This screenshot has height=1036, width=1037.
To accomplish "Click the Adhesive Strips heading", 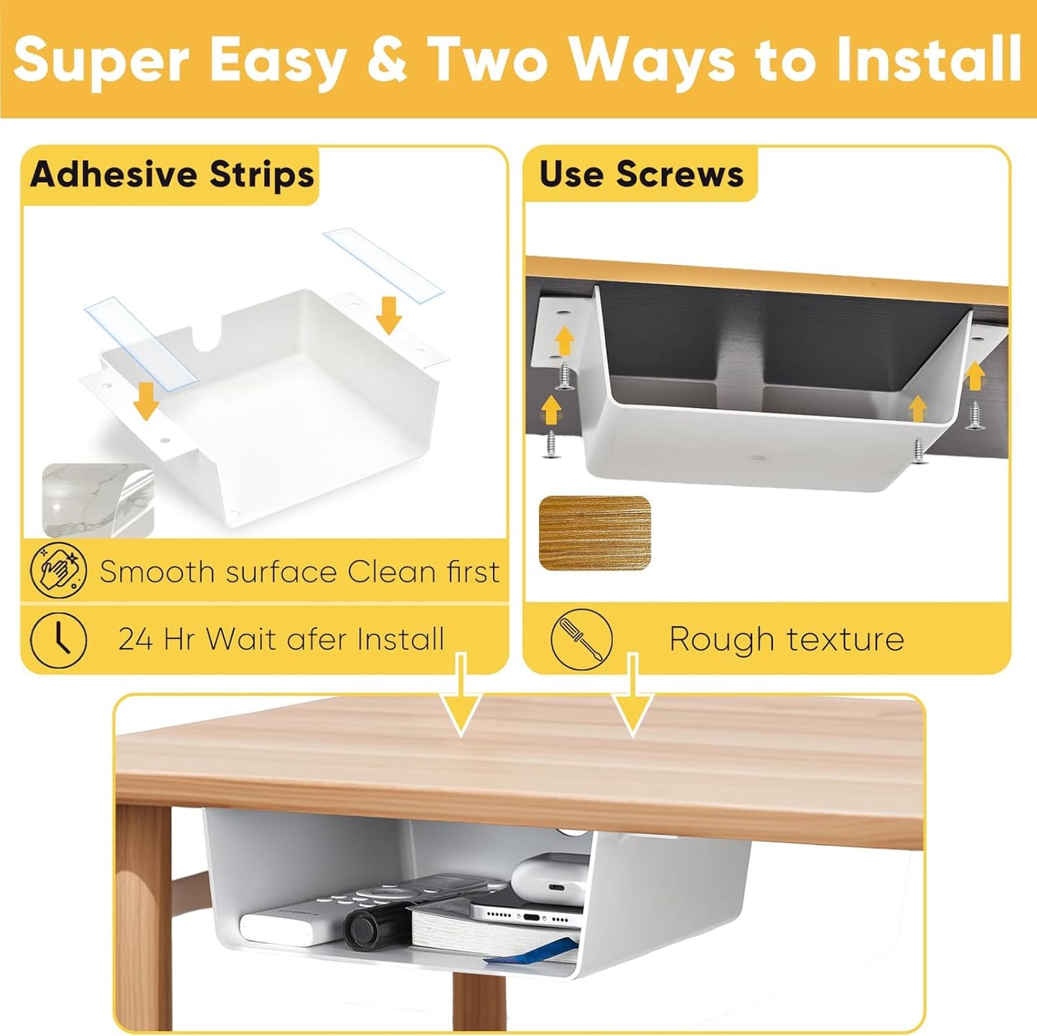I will click(172, 175).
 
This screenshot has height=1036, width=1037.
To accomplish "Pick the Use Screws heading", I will click(641, 174).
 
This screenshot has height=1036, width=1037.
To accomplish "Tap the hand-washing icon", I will click(58, 571).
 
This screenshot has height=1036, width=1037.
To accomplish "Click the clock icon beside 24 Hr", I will click(58, 638).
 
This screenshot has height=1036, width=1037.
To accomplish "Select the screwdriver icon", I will click(581, 638).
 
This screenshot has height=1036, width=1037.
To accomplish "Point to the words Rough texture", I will click(786, 638).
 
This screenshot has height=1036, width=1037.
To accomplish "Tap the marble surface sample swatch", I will click(98, 500).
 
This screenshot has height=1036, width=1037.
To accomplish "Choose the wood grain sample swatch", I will click(594, 533).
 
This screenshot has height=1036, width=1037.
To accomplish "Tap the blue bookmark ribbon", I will click(531, 950).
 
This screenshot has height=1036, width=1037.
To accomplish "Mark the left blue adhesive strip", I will click(136, 343).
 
